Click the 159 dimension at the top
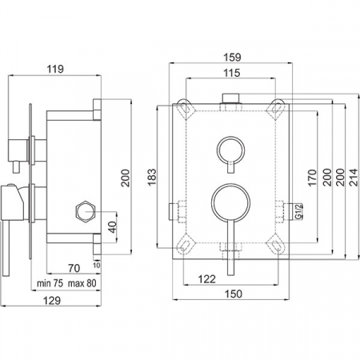point(232,57)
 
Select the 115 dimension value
point(231,73)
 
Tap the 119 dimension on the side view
point(55,69)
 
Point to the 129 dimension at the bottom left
point(52,301)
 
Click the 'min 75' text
point(50,283)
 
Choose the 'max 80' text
point(82,283)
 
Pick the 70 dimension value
point(74,268)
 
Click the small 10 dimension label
point(97,265)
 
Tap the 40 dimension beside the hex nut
point(113,227)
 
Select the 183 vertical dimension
point(151,177)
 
